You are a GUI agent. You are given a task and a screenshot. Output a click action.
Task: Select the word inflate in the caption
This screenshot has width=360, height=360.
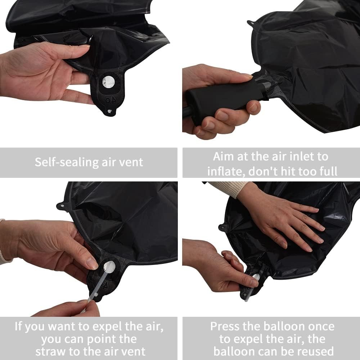[226, 171]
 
